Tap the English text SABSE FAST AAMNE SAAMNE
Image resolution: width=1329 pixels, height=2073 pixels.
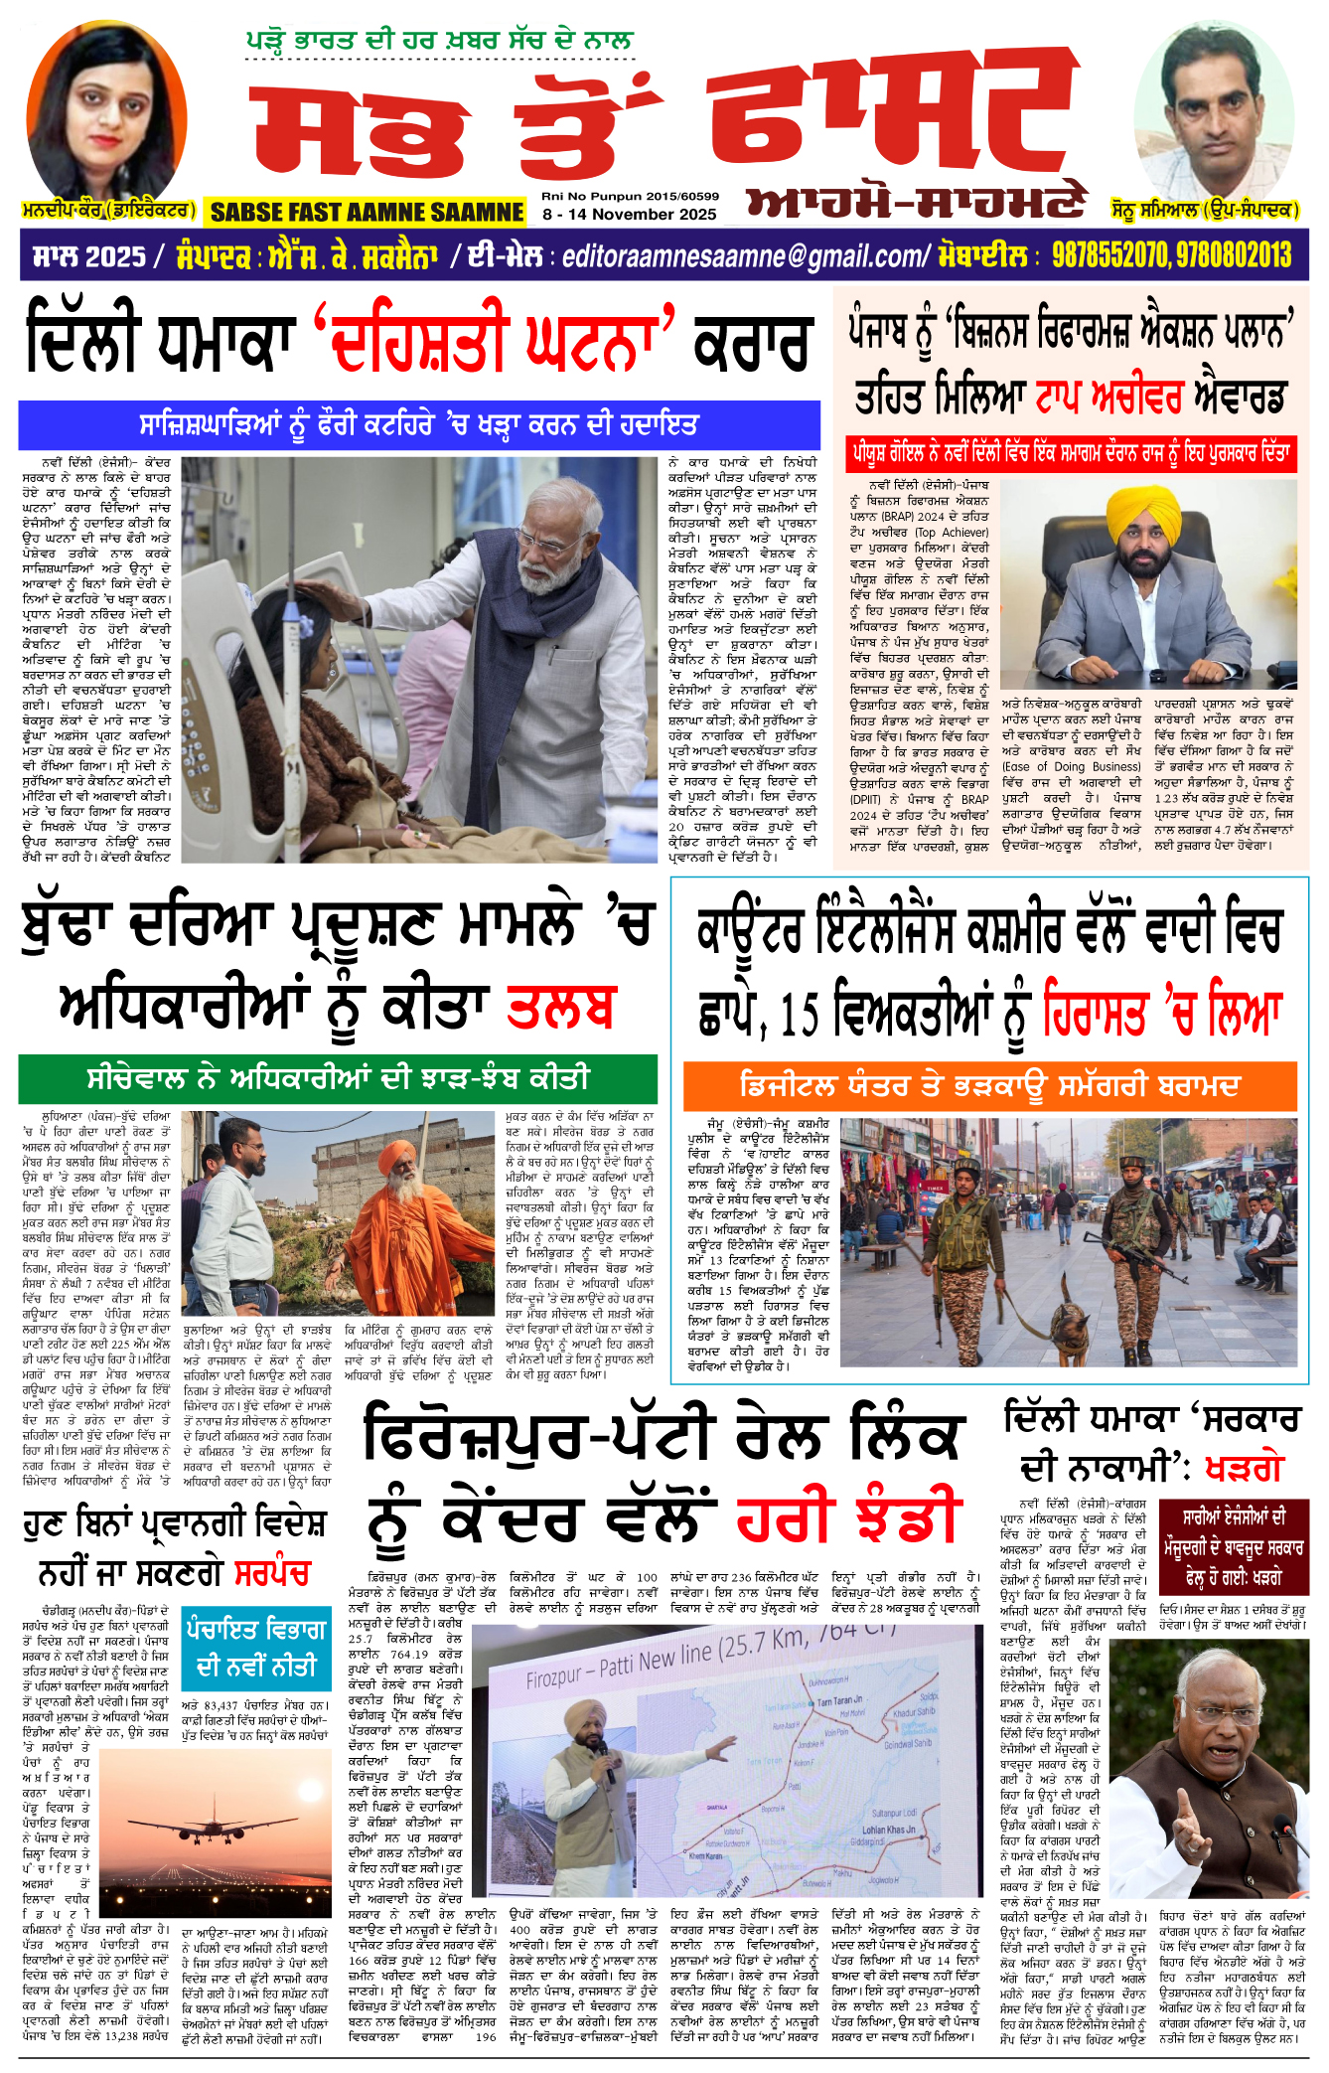[x=367, y=212]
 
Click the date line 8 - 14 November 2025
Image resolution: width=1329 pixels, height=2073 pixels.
[x=629, y=214]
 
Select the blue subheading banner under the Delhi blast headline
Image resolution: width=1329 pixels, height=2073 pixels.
[x=419, y=425]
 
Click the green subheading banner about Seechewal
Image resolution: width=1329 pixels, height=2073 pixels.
[x=338, y=1078]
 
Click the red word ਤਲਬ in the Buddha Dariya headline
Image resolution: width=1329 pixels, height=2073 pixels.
[x=562, y=1008]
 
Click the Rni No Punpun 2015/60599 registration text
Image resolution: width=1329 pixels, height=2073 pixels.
[x=630, y=196]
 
